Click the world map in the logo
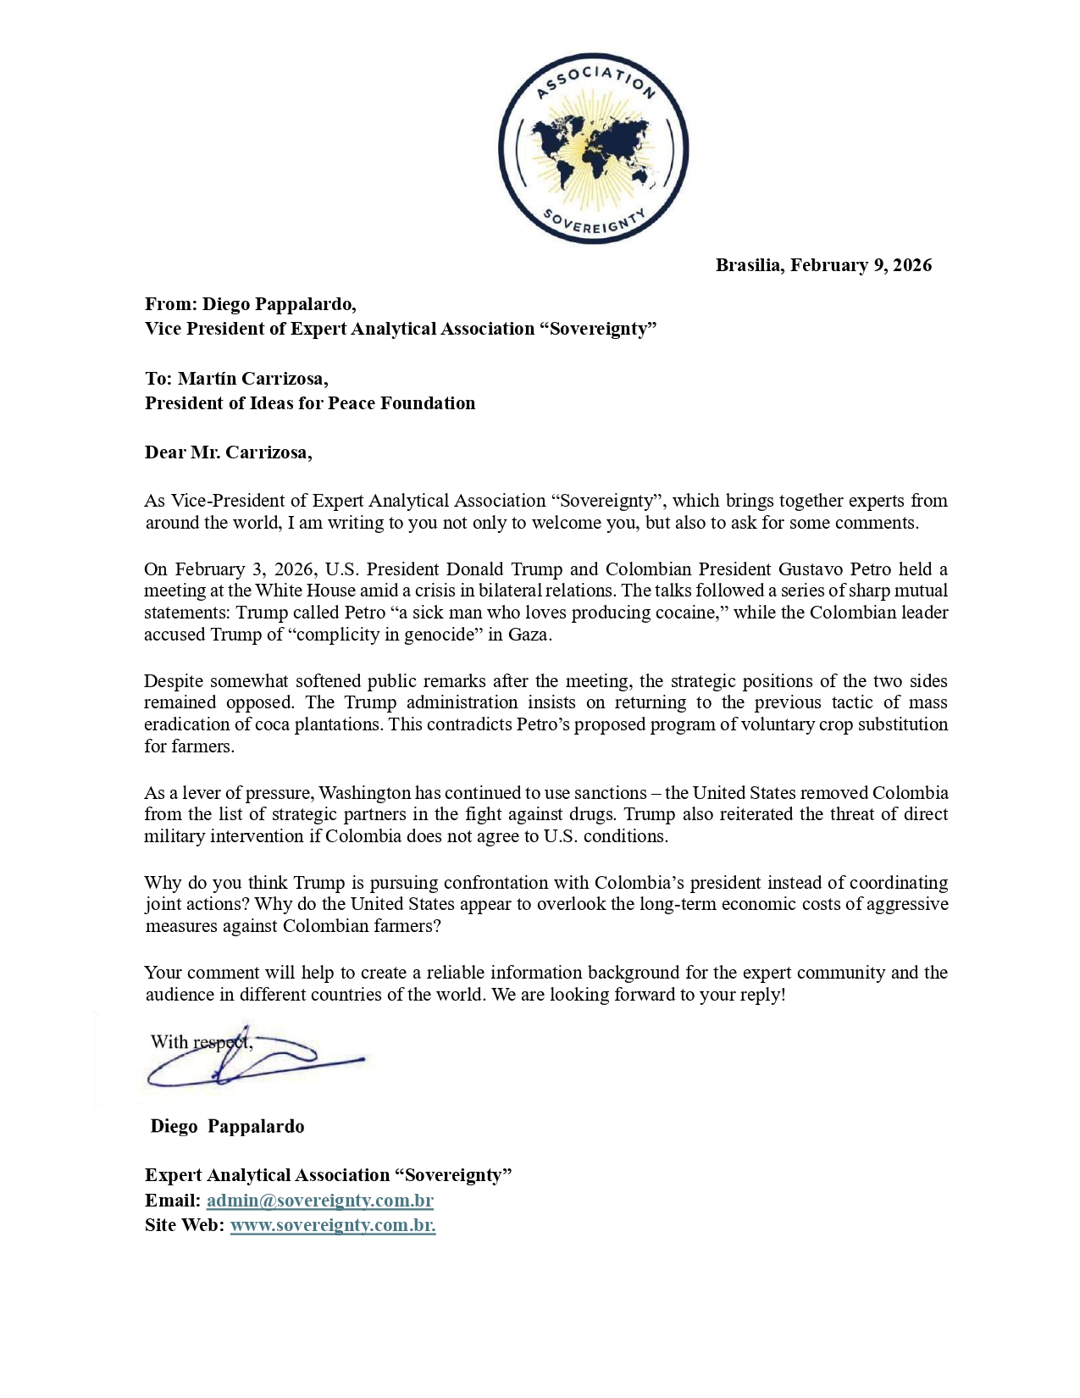click(594, 148)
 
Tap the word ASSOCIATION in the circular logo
click(595, 79)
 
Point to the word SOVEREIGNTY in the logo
click(594, 222)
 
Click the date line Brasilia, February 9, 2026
click(823, 265)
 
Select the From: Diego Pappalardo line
click(251, 304)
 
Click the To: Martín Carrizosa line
click(236, 378)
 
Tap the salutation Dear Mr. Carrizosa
click(228, 452)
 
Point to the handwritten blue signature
click(254, 1061)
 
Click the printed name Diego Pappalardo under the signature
click(227, 1126)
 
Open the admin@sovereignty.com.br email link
click(319, 1201)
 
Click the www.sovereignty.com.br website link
click(332, 1225)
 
